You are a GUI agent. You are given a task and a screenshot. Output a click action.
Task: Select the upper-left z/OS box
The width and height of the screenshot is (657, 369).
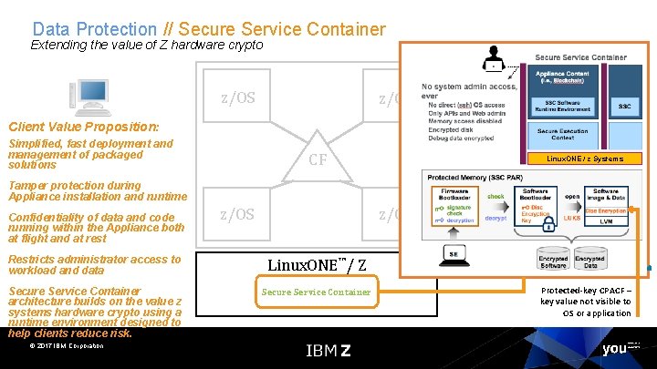238,97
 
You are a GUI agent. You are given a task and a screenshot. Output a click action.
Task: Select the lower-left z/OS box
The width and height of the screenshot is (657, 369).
238,214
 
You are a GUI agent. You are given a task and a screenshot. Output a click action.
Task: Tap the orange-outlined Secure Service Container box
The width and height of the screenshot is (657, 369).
317,292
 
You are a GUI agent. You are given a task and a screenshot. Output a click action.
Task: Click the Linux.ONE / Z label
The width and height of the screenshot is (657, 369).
317,265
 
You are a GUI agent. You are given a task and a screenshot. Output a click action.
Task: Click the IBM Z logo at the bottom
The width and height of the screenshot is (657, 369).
328,350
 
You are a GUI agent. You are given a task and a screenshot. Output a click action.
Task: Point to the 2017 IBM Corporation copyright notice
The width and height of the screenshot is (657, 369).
67,345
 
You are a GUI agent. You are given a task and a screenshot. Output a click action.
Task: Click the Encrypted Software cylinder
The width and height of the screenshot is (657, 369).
552,261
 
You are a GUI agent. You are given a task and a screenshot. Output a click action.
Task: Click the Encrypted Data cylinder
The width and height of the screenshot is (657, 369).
589,261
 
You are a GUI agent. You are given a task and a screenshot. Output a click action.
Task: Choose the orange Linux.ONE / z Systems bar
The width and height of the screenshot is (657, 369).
583,159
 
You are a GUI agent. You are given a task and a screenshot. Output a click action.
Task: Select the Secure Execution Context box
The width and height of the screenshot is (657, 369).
561,134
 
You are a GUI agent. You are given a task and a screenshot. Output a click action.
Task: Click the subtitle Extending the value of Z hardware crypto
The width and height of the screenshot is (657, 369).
147,45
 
